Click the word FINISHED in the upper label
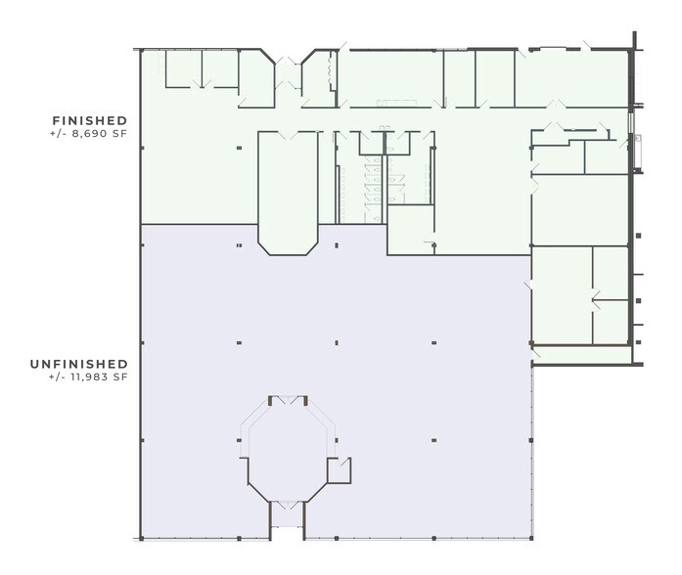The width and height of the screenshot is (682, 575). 90,120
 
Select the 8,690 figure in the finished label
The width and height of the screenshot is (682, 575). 90,133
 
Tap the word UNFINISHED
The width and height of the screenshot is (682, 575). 78,364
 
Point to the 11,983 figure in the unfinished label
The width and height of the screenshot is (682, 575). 89,376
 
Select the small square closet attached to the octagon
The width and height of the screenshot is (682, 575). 340,469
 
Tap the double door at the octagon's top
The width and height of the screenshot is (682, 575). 288,400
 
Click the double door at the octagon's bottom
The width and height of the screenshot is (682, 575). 288,505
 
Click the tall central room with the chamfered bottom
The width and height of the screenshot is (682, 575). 288,192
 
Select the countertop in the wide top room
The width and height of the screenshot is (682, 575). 396,103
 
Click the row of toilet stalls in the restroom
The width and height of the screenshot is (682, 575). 373,190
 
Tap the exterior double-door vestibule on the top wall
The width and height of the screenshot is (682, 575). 288,76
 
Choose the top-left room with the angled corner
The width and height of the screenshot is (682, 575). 256,78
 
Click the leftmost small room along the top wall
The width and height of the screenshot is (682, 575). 184,68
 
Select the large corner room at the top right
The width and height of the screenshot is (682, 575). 571,78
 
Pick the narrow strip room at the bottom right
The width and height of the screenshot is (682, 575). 582,355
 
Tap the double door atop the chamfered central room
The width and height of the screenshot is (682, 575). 288,135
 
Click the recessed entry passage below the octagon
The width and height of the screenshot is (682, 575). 287,520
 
